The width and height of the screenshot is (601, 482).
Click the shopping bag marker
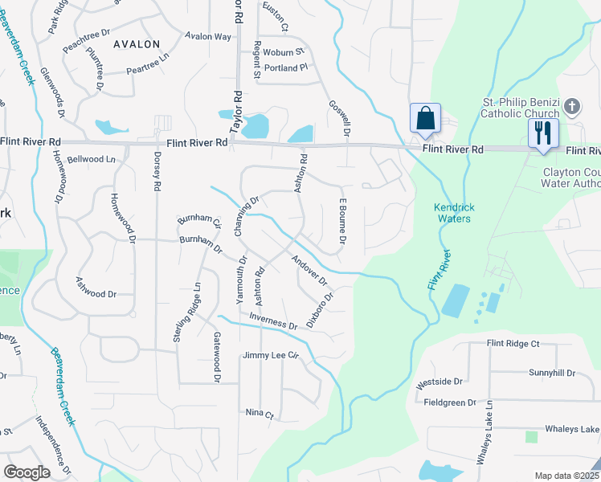pyautogui.click(x=424, y=119)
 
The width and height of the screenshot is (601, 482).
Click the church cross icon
pyautogui.click(x=571, y=106)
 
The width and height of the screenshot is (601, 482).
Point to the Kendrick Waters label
pyautogui.click(x=454, y=212)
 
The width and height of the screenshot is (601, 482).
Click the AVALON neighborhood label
pyautogui.click(x=136, y=44)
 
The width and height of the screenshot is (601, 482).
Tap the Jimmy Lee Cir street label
pyautogui.click(x=271, y=355)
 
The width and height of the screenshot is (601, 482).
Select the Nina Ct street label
pyautogui.click(x=260, y=414)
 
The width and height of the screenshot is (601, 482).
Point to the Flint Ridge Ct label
pyautogui.click(x=513, y=343)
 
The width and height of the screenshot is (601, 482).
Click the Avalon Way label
pyautogui.click(x=207, y=37)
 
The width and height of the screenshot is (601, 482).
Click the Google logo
pyautogui.click(x=27, y=472)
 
